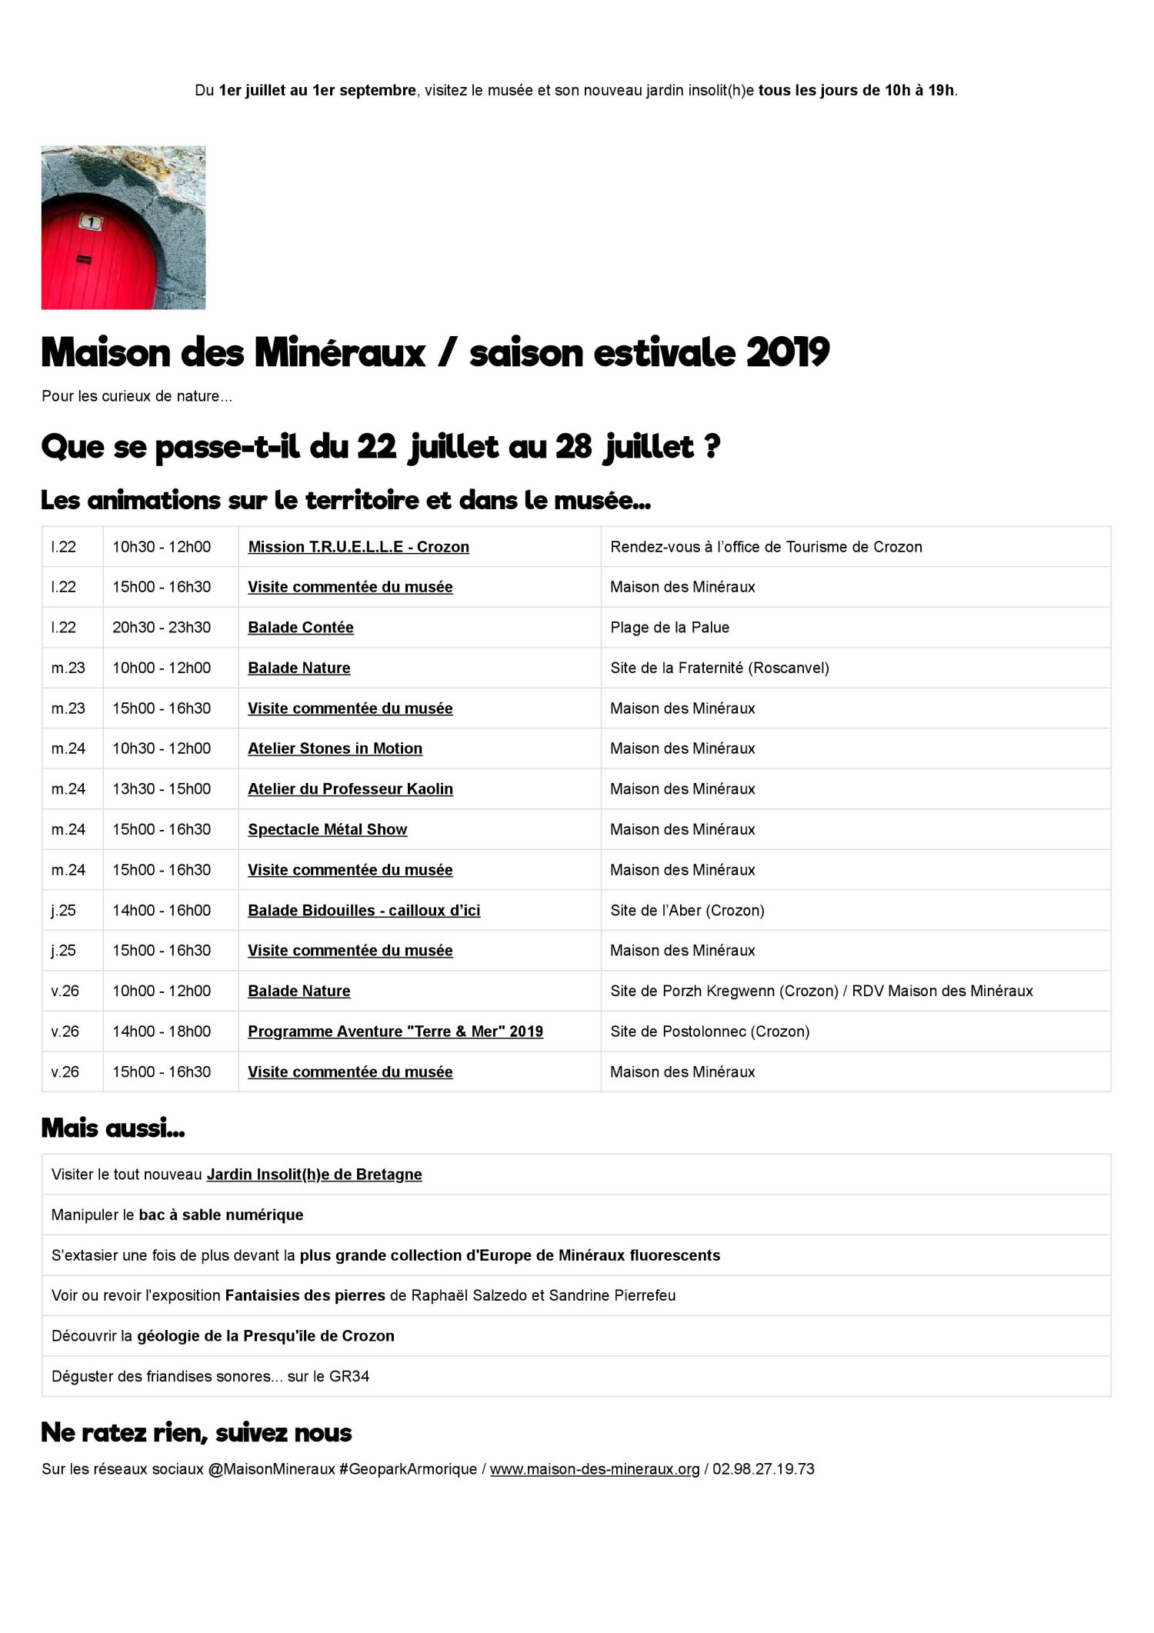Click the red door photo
tap(123, 228)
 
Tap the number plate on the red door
tap(91, 223)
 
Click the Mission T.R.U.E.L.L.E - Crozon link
tap(358, 547)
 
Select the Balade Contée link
tap(300, 628)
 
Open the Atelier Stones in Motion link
tap(335, 748)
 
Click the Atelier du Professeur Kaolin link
tap(350, 789)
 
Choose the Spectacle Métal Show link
tap(327, 829)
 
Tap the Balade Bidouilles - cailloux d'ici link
tap(363, 911)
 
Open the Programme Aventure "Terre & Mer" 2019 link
tap(395, 1031)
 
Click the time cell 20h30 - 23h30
tap(162, 628)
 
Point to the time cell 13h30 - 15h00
tap(162, 789)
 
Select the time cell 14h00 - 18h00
tap(162, 1031)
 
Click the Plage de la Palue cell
tap(669, 628)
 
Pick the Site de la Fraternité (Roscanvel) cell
tap(719, 668)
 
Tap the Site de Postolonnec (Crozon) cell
tap(709, 1031)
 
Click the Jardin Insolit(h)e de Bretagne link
tap(314, 1175)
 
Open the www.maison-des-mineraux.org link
tap(595, 1469)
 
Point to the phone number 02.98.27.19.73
tap(763, 1469)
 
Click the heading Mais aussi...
tap(112, 1128)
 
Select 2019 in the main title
tap(787, 353)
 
